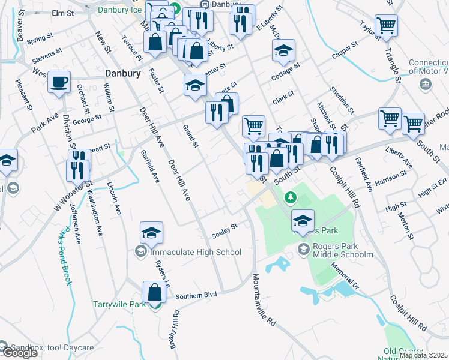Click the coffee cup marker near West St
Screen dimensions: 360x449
click(x=59, y=82)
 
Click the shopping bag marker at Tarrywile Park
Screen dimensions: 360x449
click(x=155, y=292)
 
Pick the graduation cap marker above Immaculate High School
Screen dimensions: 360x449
click(x=152, y=233)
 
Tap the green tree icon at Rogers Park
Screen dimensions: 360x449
click(x=291, y=197)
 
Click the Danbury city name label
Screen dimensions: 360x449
click(x=122, y=73)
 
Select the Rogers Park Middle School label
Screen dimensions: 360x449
click(x=343, y=254)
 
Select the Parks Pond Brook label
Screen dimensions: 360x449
click(x=65, y=256)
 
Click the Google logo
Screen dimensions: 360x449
click(x=20, y=353)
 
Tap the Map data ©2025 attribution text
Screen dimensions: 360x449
click(x=422, y=355)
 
